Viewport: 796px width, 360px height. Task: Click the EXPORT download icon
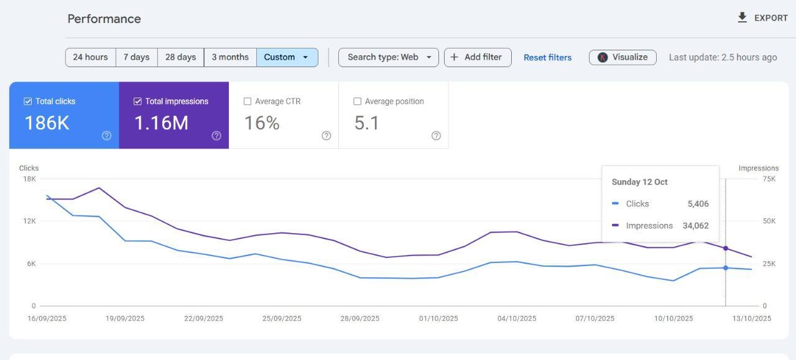pos(742,18)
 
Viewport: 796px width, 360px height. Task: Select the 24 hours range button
pos(90,57)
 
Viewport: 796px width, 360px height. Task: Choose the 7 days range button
pos(136,57)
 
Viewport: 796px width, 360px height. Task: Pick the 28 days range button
pos(180,57)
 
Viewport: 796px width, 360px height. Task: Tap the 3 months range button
pos(230,57)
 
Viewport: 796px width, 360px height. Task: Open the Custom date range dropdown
pos(287,57)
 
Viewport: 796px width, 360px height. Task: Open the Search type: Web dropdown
pos(389,57)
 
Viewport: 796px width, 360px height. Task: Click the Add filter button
pos(478,57)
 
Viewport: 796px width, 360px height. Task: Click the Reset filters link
pos(548,58)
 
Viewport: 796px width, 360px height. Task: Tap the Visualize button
pos(622,57)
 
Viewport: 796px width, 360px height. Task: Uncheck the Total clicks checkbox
pos(28,101)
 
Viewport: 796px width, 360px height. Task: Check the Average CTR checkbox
pos(248,101)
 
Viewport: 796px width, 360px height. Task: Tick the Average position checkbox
pos(357,101)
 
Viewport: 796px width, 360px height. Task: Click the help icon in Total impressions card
pos(216,136)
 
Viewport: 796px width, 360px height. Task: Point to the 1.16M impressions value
pos(161,123)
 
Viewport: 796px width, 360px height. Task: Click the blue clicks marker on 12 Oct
pos(726,268)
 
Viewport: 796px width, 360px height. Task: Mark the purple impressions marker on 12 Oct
pos(726,249)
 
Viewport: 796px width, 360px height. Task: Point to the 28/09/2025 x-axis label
pos(360,318)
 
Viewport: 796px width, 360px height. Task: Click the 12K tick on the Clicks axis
pos(29,221)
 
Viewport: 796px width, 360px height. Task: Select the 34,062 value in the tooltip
pos(695,226)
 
